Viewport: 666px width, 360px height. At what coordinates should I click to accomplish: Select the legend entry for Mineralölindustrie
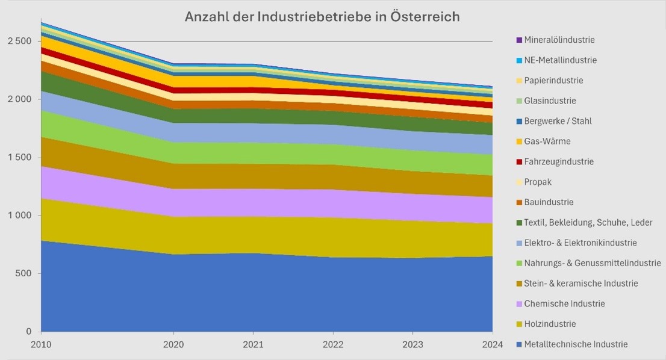point(559,40)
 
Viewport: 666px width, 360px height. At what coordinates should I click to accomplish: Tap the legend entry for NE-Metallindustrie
point(560,60)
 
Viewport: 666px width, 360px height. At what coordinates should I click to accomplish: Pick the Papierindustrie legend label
point(553,81)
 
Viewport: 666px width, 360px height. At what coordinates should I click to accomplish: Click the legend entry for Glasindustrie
point(550,101)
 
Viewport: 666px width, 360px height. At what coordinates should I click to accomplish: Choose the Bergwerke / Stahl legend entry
point(558,121)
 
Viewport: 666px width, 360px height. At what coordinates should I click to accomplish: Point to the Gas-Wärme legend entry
point(547,141)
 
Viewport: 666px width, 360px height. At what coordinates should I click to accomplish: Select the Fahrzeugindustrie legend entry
point(559,162)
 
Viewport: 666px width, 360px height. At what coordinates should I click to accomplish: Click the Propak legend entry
point(538,182)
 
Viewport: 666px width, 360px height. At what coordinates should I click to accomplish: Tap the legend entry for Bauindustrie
point(549,202)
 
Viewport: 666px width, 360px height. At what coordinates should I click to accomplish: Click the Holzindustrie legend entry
point(550,324)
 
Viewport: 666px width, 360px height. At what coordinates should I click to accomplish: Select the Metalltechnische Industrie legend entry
point(576,344)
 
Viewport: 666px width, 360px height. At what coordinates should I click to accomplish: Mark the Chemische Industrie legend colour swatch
point(519,304)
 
